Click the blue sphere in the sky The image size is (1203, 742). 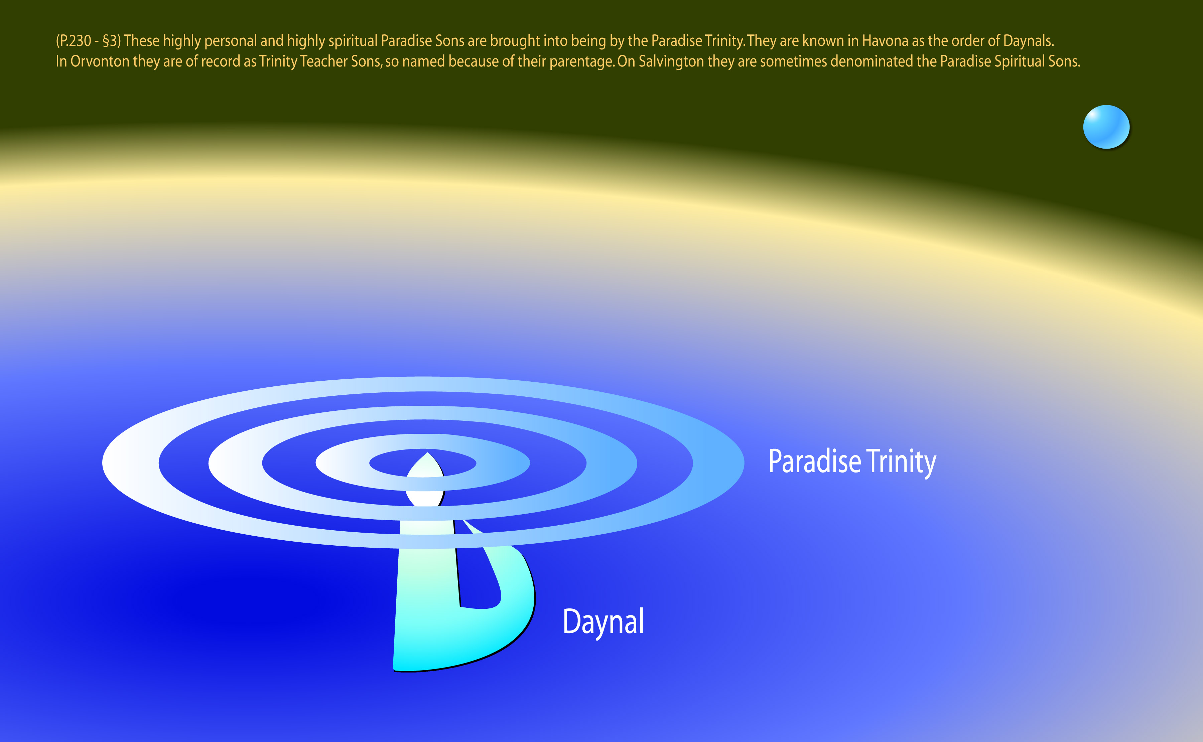point(1106,127)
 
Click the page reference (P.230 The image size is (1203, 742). point(74,41)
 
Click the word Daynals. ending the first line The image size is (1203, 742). point(1028,41)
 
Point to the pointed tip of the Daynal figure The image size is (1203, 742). point(428,454)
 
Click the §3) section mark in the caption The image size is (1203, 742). point(112,41)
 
